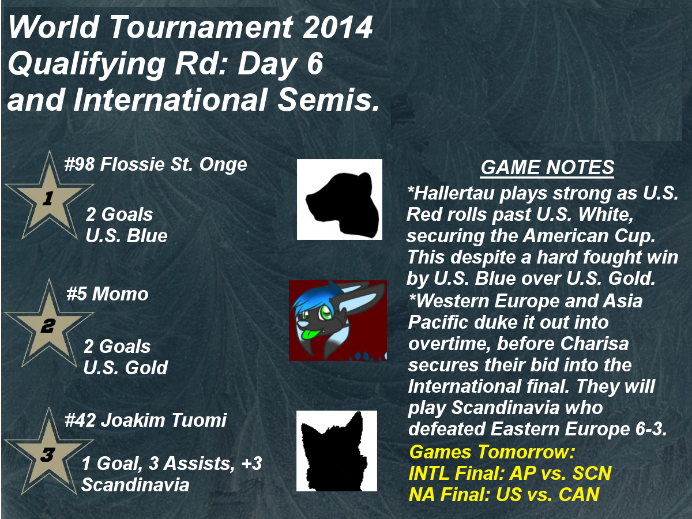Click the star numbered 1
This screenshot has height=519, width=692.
[49, 197]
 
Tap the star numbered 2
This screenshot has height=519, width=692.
[49, 325]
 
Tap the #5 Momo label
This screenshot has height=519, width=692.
[107, 294]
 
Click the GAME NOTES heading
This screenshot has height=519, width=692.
[547, 167]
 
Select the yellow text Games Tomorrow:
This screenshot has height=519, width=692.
[492, 453]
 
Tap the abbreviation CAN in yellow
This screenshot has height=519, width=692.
[579, 494]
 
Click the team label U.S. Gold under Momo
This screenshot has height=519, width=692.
[126, 368]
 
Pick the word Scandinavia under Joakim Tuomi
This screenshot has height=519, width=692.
[136, 484]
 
